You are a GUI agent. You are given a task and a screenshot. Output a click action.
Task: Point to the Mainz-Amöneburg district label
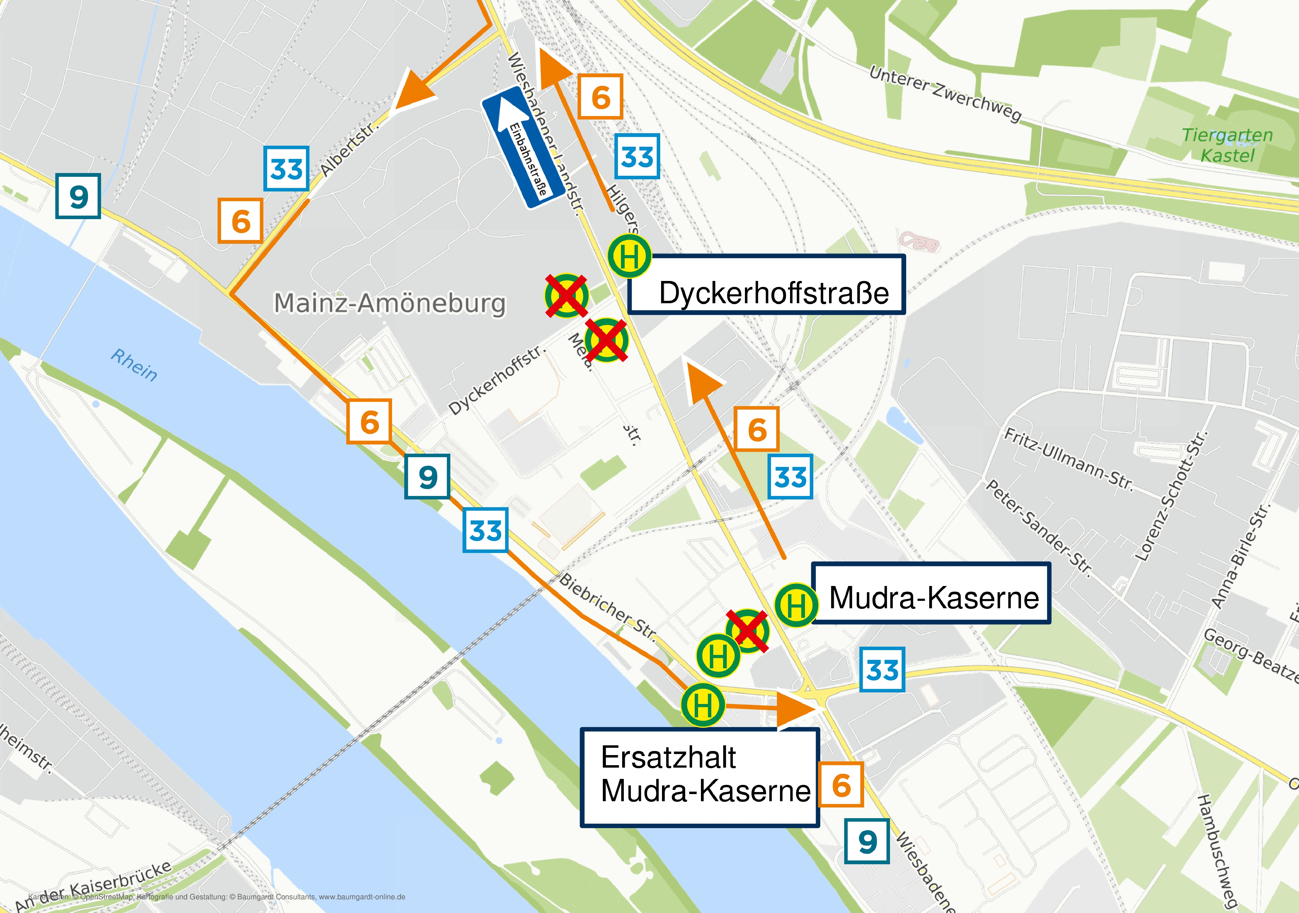[x=389, y=303]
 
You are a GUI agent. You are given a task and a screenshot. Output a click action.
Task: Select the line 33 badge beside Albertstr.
[x=286, y=169]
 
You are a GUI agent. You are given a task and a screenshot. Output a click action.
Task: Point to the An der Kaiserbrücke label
[x=93, y=886]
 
